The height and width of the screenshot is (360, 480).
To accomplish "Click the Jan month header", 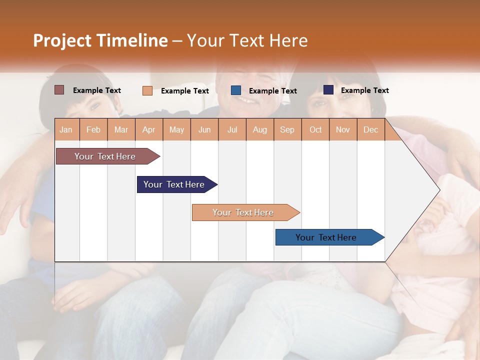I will pos(66,129).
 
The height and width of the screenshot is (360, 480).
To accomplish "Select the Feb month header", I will pos(93,129).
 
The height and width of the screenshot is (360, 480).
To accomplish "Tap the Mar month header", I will pos(121,129).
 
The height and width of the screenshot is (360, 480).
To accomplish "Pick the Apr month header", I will pos(149,129).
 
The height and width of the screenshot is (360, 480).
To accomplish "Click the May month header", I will pos(176,129).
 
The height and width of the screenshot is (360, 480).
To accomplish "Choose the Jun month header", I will pos(204,129).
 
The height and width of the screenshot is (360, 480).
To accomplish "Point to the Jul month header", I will pos(232,129).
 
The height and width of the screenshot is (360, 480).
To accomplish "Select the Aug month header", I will pos(260,129).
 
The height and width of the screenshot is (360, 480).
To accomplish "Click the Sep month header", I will pos(287,129).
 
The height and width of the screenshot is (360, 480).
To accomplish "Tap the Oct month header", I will pos(315,129).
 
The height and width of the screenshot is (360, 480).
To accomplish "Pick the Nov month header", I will pos(343,129).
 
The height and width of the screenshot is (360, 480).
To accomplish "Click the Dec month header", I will pos(370,129).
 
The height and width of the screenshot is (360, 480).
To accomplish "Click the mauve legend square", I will pos(59,90).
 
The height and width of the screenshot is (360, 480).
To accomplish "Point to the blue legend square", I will pos(236,90).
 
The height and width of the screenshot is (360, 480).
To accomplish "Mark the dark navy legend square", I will pos(328,90).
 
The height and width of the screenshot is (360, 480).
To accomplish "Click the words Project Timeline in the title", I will pos(100,40).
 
